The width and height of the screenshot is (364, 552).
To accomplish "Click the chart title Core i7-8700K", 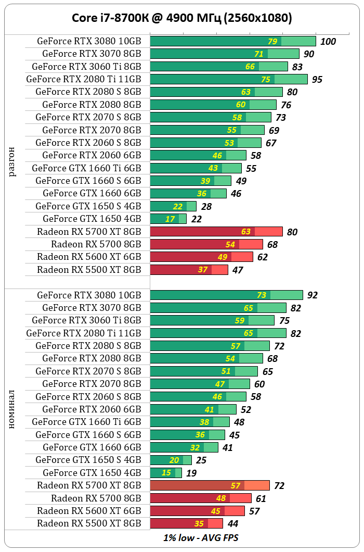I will tap(181, 18).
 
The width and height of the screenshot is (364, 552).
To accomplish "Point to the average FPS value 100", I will tap(328, 42).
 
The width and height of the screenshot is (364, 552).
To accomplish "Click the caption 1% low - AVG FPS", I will tap(201, 537).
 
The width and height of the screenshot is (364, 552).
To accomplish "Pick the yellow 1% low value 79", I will tap(272, 42).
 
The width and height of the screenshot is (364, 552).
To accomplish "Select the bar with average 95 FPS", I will tap(229, 79).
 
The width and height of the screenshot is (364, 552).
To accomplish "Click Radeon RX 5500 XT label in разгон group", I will tap(89, 269).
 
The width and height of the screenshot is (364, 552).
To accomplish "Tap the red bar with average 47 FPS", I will tap(189, 269).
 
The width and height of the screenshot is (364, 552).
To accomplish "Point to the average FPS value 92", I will tap(312, 295).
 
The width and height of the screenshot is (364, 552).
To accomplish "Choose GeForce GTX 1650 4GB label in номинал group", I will tap(92, 473).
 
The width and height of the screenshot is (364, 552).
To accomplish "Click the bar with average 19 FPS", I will tap(165, 473).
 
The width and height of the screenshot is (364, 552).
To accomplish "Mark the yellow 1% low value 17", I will tap(171, 219).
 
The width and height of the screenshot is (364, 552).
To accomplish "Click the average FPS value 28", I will tap(206, 206).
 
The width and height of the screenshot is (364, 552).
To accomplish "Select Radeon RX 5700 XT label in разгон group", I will tap(89, 232).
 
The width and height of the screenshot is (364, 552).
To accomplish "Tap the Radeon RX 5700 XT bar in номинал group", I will tap(210, 485).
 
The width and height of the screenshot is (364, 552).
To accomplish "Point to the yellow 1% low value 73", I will tap(262, 295).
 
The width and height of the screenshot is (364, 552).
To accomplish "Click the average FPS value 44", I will tap(233, 523).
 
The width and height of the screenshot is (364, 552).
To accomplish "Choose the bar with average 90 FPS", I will tap(225, 54).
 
